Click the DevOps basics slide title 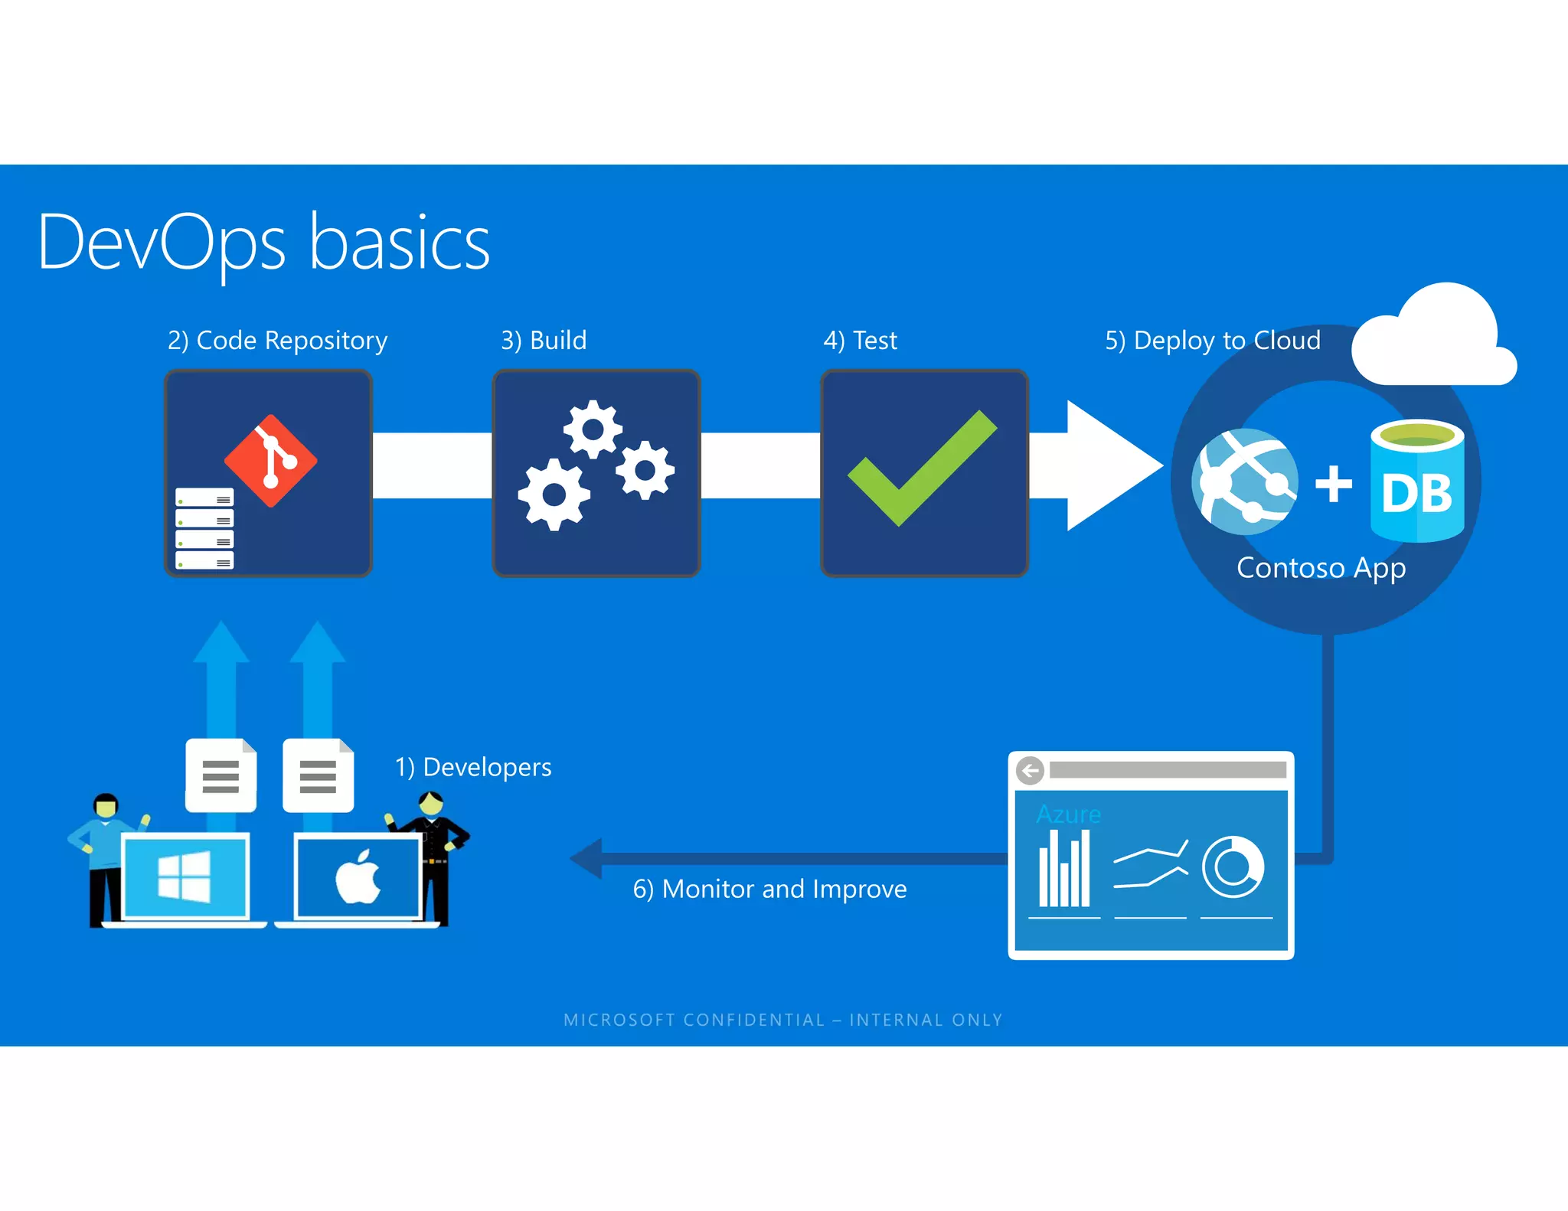263,243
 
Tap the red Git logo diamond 271,460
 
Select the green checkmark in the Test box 921,468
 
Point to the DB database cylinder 1416,481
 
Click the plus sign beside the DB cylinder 1333,484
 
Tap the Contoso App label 1321,568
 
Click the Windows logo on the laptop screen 185,876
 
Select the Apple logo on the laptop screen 358,876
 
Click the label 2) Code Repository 277,340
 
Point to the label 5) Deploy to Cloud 1212,340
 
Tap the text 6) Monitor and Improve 769,889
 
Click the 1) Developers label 472,767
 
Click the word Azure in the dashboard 1068,814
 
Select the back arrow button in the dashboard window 1030,770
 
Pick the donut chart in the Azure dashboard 1232,867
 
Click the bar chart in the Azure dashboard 1064,870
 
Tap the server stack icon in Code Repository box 204,529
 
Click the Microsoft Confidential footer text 782,1020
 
